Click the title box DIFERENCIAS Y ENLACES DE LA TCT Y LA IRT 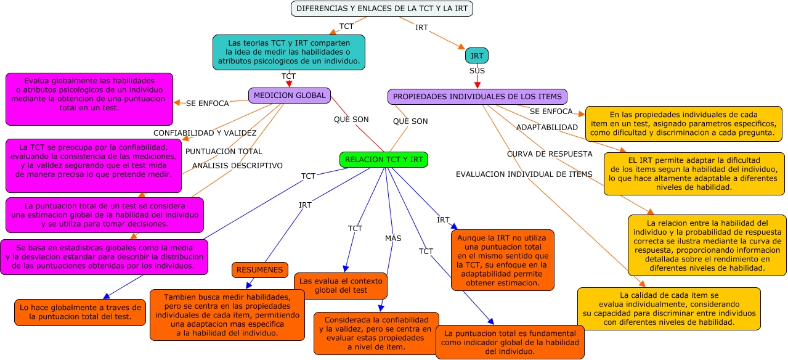[x=381, y=9]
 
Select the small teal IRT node [x=476, y=55]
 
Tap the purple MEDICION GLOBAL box [x=290, y=96]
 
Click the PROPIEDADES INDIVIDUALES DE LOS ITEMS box [x=477, y=97]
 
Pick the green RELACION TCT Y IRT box [x=384, y=160]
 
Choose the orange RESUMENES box [x=260, y=270]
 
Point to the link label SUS [x=477, y=71]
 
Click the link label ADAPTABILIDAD [x=546, y=127]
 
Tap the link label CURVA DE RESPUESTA [x=550, y=153]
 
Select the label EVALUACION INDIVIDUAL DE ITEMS [x=524, y=174]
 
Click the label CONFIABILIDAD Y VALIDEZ [x=205, y=133]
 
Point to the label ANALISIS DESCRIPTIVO [x=237, y=165]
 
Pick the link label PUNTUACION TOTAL [x=224, y=151]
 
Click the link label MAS [x=393, y=238]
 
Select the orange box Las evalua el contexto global [x=340, y=285]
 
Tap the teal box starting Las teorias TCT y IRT [x=288, y=52]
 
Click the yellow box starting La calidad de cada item [x=668, y=308]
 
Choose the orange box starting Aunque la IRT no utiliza [x=502, y=260]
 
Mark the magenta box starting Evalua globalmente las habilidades [x=89, y=99]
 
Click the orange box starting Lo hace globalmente [x=79, y=312]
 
